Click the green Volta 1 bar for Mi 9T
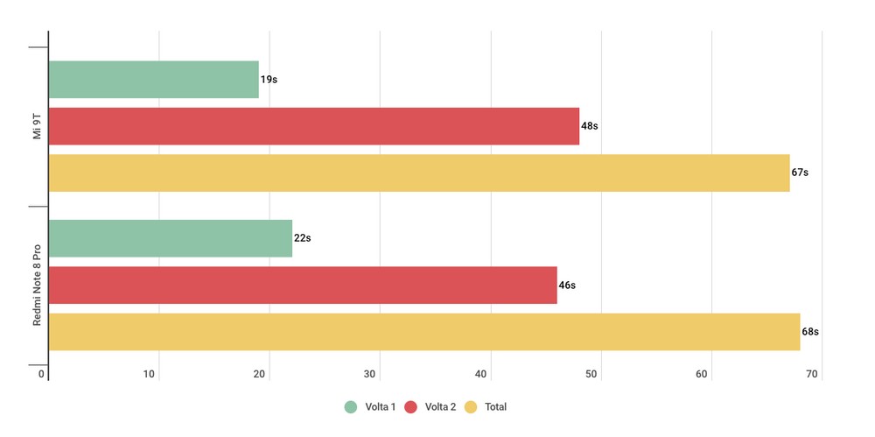point(153,80)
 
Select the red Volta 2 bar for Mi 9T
point(313,126)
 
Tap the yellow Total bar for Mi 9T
point(418,173)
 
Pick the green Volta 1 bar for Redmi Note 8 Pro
point(170,238)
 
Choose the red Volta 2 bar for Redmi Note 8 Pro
point(302,285)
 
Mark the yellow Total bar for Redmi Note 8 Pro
point(423,332)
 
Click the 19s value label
point(269,80)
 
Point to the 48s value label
point(590,126)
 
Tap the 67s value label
point(800,173)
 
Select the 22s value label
point(303,238)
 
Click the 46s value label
point(567,285)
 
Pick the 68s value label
point(810,332)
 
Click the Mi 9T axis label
point(35,127)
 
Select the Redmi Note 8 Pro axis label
point(37,285)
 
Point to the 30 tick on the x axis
point(371,375)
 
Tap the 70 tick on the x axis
point(813,375)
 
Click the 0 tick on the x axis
point(41,375)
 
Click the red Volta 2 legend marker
point(412,406)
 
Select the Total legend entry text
point(495,406)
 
